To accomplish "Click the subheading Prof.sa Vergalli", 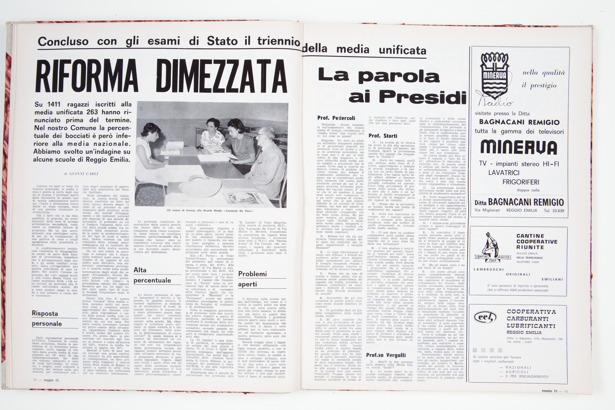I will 386,355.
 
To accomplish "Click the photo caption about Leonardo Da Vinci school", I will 210,211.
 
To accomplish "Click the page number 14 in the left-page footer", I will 35,380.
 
